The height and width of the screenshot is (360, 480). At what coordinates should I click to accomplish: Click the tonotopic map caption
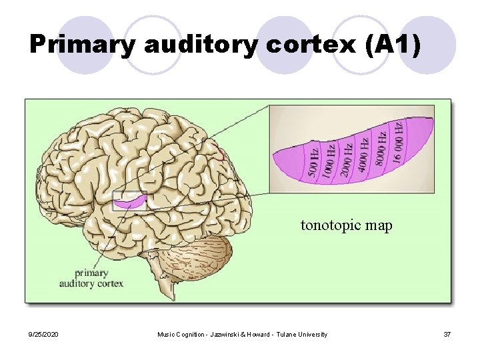point(346,225)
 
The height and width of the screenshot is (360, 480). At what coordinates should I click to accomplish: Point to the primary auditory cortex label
point(91,278)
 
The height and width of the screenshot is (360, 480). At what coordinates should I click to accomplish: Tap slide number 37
point(447,334)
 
